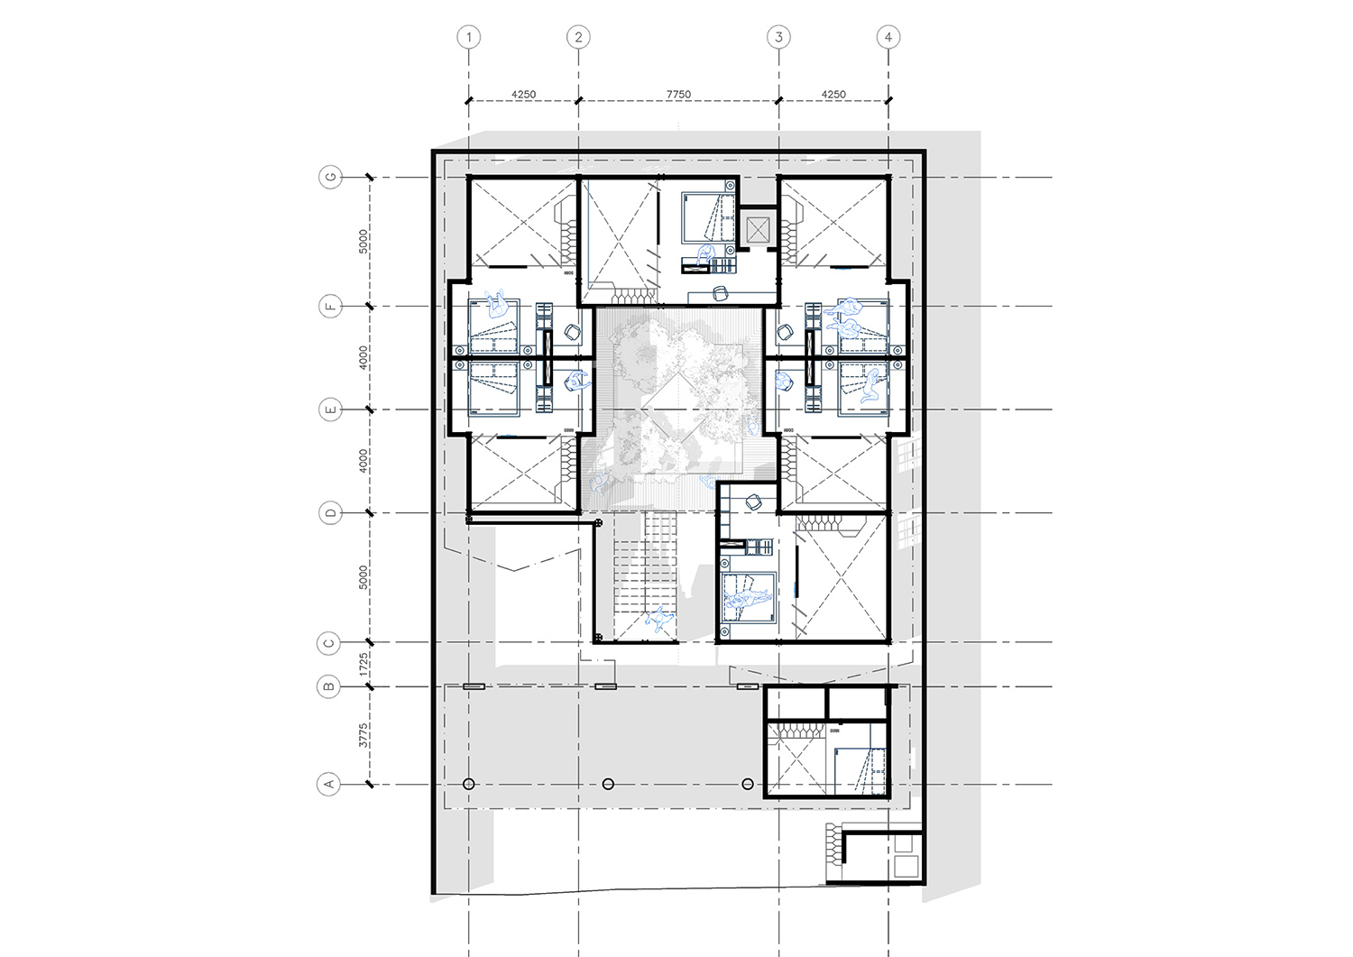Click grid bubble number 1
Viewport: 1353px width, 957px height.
click(x=468, y=37)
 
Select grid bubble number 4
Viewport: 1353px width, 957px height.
click(x=888, y=37)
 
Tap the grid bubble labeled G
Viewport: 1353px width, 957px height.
click(x=330, y=178)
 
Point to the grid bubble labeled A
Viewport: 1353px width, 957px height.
click(x=330, y=784)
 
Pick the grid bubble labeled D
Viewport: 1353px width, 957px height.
click(x=330, y=513)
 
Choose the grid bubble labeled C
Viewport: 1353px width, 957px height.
click(x=330, y=643)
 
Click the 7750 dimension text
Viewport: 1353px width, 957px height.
click(x=678, y=94)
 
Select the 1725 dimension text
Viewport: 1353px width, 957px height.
click(x=364, y=666)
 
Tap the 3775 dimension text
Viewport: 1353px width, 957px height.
click(x=364, y=735)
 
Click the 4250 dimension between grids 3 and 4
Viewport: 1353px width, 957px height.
click(x=833, y=94)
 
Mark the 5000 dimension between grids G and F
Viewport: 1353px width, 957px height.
click(x=364, y=241)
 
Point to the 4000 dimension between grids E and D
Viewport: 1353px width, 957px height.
click(x=364, y=461)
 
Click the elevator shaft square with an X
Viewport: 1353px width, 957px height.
click(x=757, y=227)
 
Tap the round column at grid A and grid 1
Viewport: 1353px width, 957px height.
click(x=469, y=784)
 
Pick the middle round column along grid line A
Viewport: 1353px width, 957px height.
click(x=608, y=784)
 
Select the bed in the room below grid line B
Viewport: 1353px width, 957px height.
click(x=860, y=772)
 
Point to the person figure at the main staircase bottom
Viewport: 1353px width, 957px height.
click(x=660, y=621)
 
